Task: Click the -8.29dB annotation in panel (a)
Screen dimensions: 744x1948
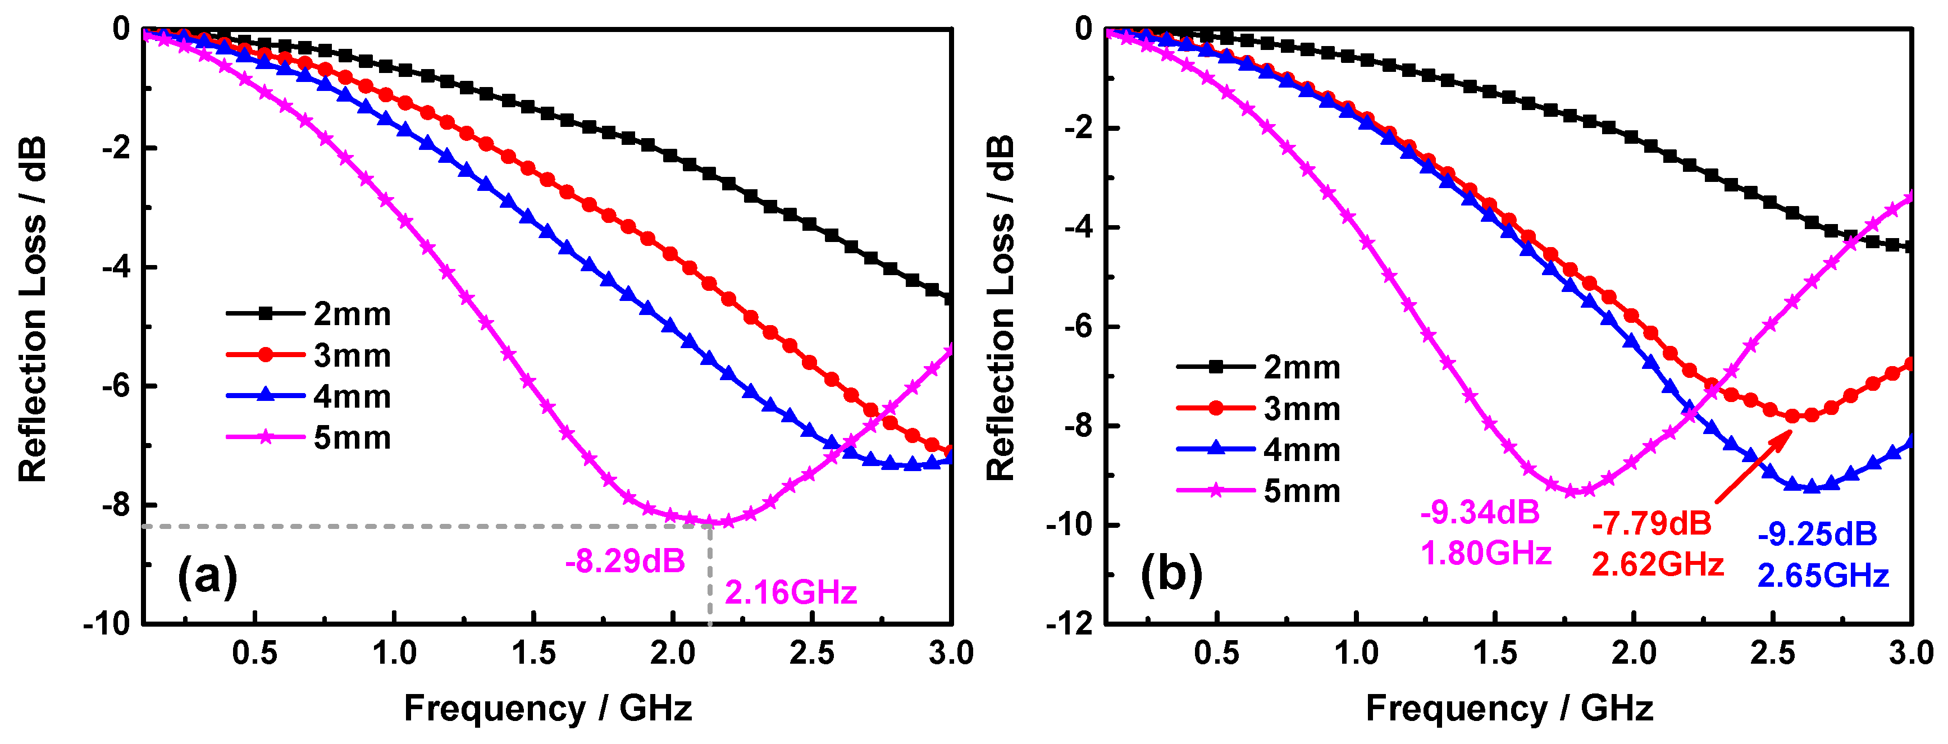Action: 624,561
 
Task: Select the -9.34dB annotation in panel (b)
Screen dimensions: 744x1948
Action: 1480,513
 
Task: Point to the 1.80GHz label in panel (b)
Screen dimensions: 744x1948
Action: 1486,554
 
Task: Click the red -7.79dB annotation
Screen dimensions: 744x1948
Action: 1651,523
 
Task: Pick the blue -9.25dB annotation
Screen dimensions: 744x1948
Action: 1817,535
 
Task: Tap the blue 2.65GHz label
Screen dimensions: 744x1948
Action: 1822,576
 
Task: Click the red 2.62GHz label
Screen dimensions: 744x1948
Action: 1658,564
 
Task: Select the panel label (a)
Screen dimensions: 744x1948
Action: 207,576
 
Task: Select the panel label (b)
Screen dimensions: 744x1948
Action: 1171,573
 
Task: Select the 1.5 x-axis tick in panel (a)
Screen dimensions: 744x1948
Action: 534,652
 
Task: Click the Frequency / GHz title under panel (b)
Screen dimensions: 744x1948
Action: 1509,709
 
